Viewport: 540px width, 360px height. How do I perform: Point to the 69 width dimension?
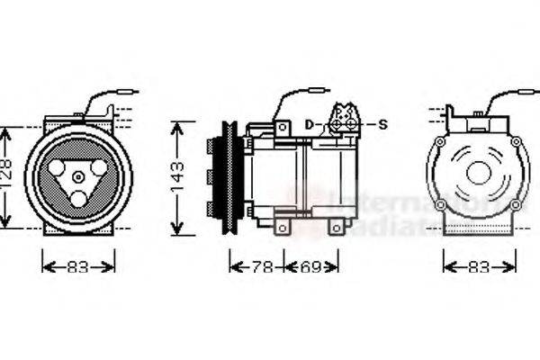(310, 266)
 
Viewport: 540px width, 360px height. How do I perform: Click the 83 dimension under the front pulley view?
(79, 266)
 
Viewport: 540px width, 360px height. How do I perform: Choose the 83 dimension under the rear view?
(480, 266)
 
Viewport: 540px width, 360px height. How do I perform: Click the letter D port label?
(308, 123)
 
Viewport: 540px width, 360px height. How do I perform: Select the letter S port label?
(382, 123)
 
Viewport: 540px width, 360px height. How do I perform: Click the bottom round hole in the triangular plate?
(78, 199)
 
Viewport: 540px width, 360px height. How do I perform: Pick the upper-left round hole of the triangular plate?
(59, 166)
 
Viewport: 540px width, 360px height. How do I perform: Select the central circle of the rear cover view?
(478, 172)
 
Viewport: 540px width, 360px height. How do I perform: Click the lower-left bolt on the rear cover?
(440, 205)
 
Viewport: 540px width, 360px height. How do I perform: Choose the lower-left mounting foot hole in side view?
(282, 229)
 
